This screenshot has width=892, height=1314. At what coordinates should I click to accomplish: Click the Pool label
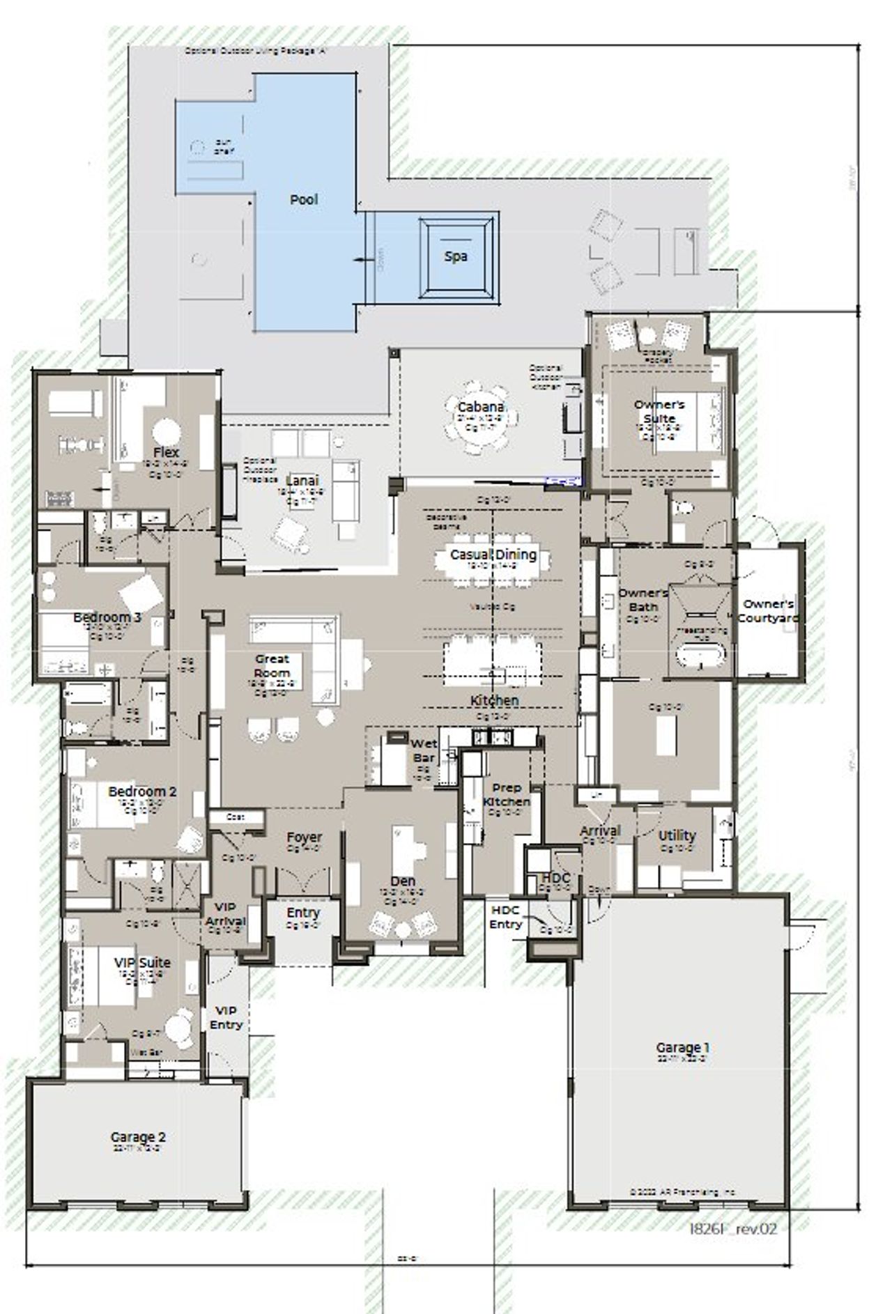click(304, 200)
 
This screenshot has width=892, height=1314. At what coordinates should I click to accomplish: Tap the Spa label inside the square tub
click(456, 256)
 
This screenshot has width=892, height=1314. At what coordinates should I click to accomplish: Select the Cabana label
click(481, 408)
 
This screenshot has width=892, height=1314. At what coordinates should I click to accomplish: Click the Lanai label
click(302, 481)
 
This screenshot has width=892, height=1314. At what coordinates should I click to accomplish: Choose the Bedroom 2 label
click(142, 791)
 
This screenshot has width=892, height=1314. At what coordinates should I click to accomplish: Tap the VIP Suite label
click(142, 962)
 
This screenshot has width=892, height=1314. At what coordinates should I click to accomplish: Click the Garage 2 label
click(138, 1138)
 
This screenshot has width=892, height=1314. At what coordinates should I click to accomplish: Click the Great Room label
click(272, 666)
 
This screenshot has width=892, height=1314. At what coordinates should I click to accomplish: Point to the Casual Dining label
click(493, 555)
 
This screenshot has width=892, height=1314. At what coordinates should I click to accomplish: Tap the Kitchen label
click(494, 700)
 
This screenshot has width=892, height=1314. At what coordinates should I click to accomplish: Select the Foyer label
click(305, 837)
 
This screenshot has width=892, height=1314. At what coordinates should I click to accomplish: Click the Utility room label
click(677, 835)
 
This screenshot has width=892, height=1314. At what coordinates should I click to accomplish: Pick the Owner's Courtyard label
click(767, 611)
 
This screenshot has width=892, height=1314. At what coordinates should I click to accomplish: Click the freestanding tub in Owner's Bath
click(702, 656)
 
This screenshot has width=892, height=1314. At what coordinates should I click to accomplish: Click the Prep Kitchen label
click(507, 795)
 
